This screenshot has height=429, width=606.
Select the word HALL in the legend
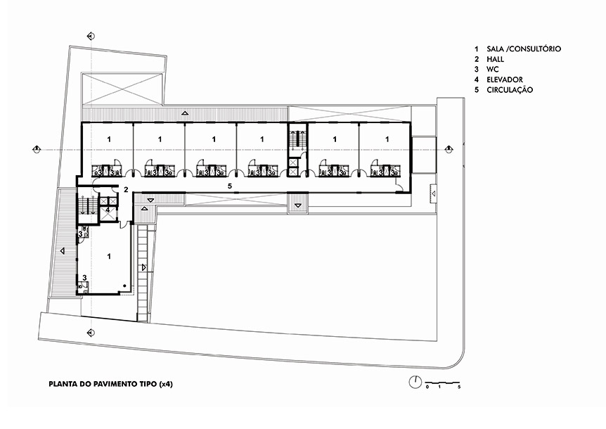(x=496, y=59)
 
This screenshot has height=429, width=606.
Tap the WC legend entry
(x=493, y=69)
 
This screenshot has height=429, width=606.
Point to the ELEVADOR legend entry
(x=505, y=79)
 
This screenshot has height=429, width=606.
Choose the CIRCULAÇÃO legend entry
(x=510, y=89)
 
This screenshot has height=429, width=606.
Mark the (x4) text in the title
(x=166, y=384)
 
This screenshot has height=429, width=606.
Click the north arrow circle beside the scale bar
(x=415, y=383)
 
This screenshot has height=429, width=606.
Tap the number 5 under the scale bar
(x=459, y=387)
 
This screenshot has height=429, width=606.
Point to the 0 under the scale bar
(x=427, y=387)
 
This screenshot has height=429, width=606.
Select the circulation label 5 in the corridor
(x=230, y=186)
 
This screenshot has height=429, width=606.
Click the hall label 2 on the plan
(x=126, y=190)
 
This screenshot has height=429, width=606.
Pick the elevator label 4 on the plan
(x=108, y=210)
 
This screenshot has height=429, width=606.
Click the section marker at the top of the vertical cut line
(x=91, y=37)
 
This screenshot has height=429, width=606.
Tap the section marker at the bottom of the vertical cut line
(x=91, y=333)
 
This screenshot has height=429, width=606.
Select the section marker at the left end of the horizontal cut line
(x=37, y=149)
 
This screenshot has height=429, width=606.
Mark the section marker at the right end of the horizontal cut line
(x=449, y=149)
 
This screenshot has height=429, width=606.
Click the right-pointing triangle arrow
(x=144, y=267)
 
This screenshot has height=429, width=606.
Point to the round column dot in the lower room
(x=124, y=286)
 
